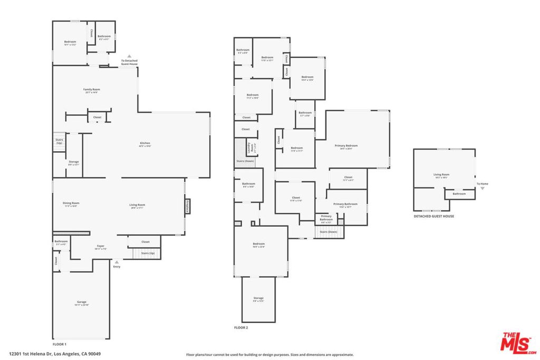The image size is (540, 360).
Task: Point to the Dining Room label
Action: click(71, 204)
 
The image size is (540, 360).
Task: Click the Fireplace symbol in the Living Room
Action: click(186, 207)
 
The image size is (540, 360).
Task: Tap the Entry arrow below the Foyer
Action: click(117, 261)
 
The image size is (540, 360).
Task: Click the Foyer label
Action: click(100, 247)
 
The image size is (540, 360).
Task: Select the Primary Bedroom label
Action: click(346, 147)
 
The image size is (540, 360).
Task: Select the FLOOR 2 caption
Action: click(241, 327)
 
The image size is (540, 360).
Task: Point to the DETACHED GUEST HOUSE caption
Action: click(433, 216)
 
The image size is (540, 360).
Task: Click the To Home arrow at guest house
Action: click(482, 188)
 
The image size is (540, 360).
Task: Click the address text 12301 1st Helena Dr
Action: click(55, 354)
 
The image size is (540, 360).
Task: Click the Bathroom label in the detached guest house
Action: click(459, 193)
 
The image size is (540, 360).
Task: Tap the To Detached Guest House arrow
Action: click(129, 55)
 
